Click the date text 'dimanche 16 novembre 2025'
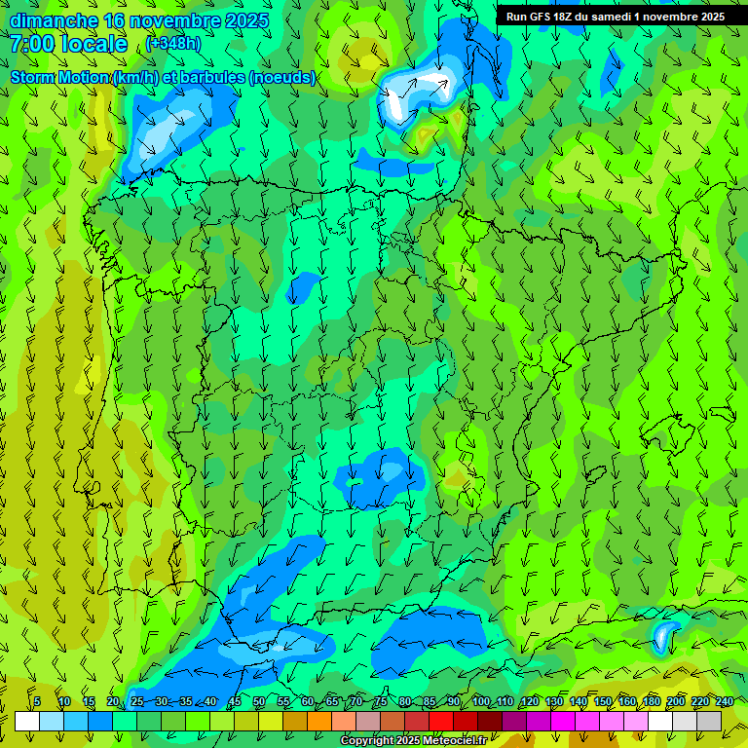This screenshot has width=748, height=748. [x=138, y=20]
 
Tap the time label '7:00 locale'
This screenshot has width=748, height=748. [x=69, y=44]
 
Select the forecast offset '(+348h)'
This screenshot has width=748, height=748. [x=173, y=44]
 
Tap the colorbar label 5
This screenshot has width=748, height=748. [x=37, y=701]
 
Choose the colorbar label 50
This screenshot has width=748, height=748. [x=259, y=701]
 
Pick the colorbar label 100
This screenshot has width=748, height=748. [x=481, y=701]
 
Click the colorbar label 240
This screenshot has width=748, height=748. [x=725, y=701]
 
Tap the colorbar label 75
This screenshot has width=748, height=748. [x=381, y=701]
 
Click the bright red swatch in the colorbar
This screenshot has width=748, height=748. [x=441, y=721]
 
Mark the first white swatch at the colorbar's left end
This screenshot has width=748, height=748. [x=27, y=721]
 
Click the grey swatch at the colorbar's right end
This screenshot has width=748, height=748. [x=709, y=721]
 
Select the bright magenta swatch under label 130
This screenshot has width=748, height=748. [x=563, y=721]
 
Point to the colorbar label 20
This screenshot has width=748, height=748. [x=113, y=701]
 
